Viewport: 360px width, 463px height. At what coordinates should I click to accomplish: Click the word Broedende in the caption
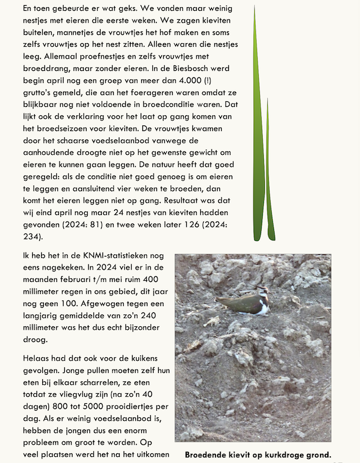(206, 455)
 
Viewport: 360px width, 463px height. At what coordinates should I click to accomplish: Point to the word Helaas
(37, 359)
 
